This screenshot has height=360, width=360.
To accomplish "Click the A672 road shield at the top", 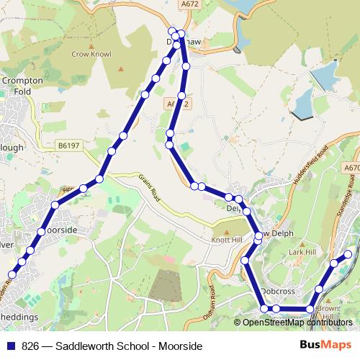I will (189, 4).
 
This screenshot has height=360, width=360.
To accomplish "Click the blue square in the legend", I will (12, 346).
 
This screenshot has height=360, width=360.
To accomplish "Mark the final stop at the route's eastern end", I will (348, 254).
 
